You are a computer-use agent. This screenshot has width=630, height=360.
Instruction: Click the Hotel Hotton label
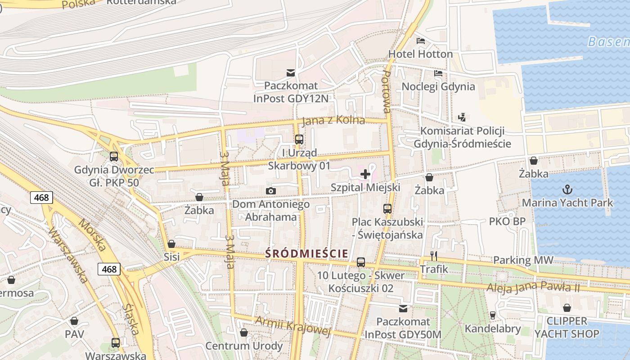click(420, 54)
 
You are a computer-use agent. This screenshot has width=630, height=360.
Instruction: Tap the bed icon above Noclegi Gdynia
click(438, 73)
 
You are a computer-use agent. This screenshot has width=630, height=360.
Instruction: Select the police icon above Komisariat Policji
click(461, 117)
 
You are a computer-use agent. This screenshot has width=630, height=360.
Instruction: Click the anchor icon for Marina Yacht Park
click(567, 189)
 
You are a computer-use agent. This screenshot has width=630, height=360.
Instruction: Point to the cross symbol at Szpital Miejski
click(365, 174)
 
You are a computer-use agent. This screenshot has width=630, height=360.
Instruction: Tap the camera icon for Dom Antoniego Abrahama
click(270, 191)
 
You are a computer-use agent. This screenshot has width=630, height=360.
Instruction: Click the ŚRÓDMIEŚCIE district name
click(306, 253)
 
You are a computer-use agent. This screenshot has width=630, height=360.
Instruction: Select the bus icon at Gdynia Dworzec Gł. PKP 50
click(114, 157)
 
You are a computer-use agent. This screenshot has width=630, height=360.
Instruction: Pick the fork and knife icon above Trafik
click(434, 256)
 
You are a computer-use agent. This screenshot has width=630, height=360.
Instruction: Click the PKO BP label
click(507, 221)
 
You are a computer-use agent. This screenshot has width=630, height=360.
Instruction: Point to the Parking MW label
click(523, 260)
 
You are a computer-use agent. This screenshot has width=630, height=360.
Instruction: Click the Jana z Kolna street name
click(333, 121)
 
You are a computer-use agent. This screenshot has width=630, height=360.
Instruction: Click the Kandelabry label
click(492, 328)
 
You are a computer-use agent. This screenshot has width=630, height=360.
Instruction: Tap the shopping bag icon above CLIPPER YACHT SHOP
click(567, 308)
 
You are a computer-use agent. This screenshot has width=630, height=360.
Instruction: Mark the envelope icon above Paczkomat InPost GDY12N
click(291, 72)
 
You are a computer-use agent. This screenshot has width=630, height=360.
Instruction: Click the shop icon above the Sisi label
click(171, 244)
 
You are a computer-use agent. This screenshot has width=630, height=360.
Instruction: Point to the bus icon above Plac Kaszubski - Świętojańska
click(387, 209)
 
